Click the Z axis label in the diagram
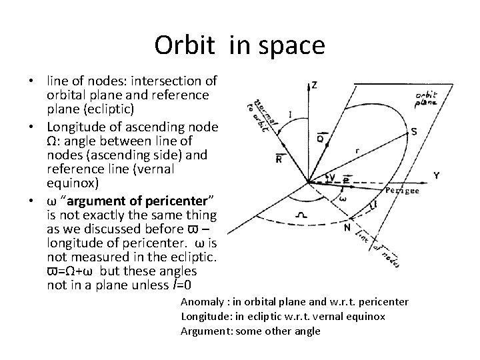pyautogui.click(x=314, y=86)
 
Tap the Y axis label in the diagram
pyautogui.click(x=436, y=176)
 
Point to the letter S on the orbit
pyautogui.click(x=414, y=132)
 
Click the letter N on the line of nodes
pyautogui.click(x=347, y=227)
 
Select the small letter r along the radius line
pyautogui.click(x=357, y=151)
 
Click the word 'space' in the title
pyautogui.click(x=293, y=45)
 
